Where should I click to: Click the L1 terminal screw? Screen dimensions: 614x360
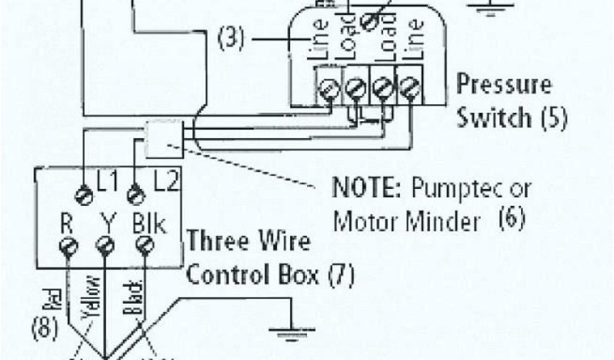point(85,194)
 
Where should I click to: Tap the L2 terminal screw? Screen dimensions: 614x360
point(136,194)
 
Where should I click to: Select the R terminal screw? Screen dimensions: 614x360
point(67,246)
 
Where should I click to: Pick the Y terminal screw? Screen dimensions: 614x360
point(105,245)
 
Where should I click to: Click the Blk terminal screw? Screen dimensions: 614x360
point(143,245)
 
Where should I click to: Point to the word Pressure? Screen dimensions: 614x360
point(504,84)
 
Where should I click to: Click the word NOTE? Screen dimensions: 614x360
point(368,188)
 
